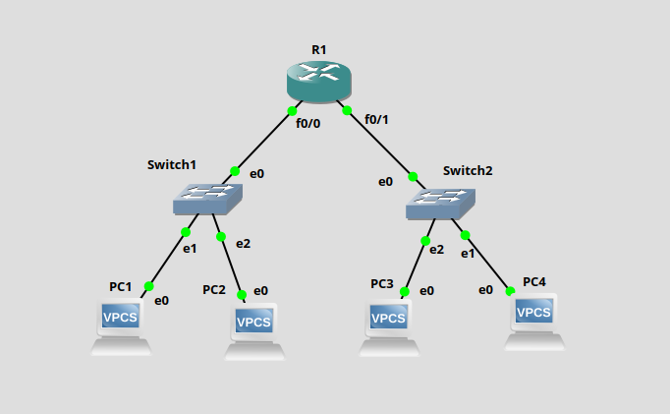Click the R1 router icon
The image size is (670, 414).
click(319, 81)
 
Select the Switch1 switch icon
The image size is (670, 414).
click(207, 200)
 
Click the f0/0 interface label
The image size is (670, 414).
click(308, 123)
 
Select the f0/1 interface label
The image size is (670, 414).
click(376, 120)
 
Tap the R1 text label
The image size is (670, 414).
click(319, 48)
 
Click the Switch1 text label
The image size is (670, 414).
click(172, 164)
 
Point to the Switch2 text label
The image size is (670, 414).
click(468, 170)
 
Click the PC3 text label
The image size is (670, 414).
click(382, 284)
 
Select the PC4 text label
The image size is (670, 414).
click(534, 281)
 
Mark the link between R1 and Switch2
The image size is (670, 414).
click(380, 143)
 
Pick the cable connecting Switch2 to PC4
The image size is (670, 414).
click(488, 263)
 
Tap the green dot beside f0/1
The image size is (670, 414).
click(347, 109)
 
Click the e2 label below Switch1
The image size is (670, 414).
click(243, 243)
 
